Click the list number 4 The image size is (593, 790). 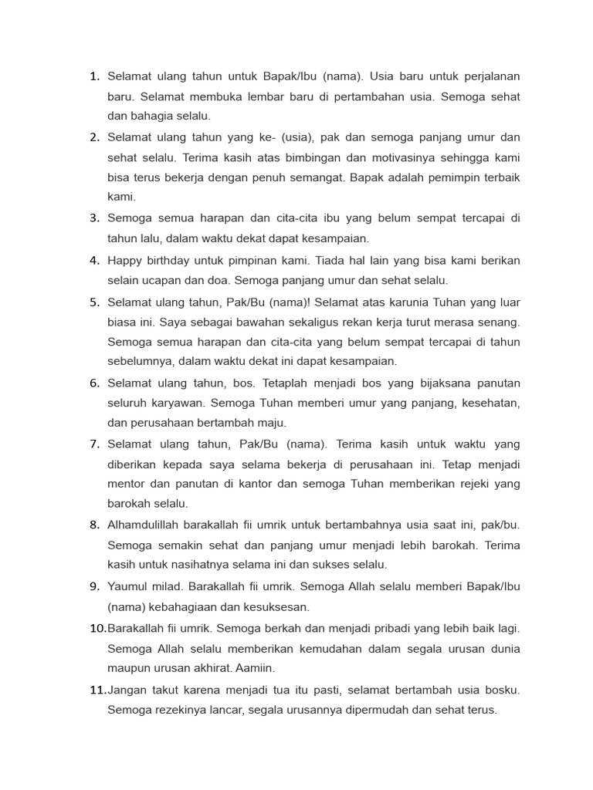[95, 260]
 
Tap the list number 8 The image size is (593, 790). [95, 525]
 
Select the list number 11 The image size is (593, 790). [98, 690]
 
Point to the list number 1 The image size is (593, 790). [95, 76]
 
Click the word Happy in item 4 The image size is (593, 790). [126, 260]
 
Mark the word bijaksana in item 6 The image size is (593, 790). [421, 383]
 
